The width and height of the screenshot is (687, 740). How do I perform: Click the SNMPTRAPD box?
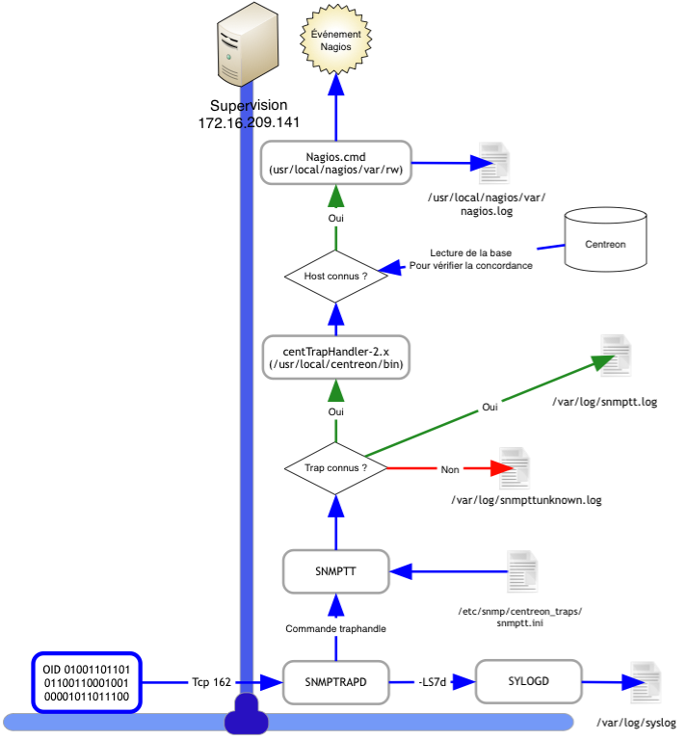click(x=335, y=683)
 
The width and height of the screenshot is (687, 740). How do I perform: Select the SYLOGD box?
click(x=527, y=683)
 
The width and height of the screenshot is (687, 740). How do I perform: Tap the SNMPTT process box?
click(x=335, y=570)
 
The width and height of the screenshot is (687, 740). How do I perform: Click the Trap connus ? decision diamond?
click(x=335, y=469)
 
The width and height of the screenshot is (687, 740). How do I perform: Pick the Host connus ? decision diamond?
click(x=335, y=276)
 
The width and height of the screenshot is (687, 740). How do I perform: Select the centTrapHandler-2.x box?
click(x=335, y=357)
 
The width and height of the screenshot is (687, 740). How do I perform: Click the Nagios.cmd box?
click(x=335, y=162)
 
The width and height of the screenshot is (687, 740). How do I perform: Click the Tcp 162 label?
click(x=211, y=683)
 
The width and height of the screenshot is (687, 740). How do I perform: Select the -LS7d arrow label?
click(x=431, y=683)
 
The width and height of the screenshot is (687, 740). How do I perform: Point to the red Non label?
click(x=450, y=470)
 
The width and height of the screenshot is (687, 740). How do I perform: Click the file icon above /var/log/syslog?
click(x=643, y=686)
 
